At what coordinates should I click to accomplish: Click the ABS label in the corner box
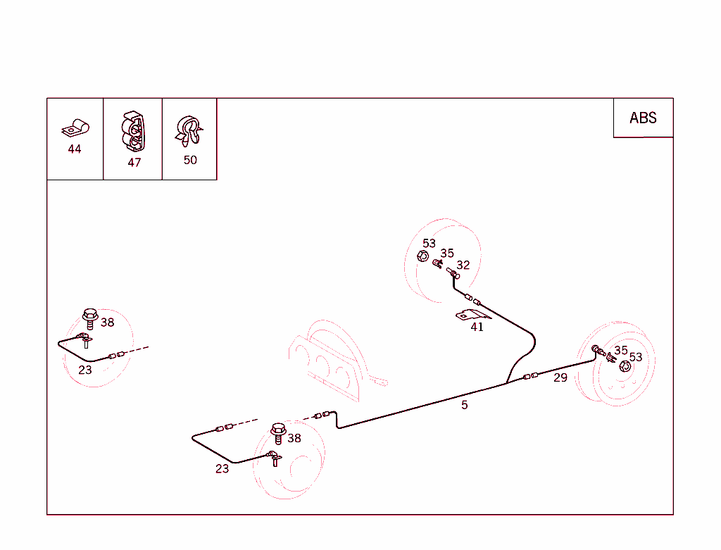[643, 118]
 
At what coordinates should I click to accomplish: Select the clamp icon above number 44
[75, 128]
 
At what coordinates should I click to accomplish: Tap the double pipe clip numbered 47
[133, 132]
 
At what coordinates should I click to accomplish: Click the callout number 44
[75, 149]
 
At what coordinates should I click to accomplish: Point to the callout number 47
[134, 163]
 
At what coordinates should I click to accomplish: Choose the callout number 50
[190, 160]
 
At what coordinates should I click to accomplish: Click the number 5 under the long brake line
[465, 405]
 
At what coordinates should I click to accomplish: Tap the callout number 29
[560, 377]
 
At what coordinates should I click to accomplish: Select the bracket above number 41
[472, 315]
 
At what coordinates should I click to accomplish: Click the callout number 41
[477, 327]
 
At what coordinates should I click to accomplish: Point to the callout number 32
[463, 265]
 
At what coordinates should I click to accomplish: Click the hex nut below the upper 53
[422, 256]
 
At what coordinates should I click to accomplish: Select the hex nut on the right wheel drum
[625, 366]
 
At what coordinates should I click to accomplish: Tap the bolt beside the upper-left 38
[90, 318]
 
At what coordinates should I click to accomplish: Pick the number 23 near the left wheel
[85, 370]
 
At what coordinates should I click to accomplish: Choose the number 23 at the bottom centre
[222, 469]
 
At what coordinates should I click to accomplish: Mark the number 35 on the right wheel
[621, 351]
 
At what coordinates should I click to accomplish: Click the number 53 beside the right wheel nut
[636, 357]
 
